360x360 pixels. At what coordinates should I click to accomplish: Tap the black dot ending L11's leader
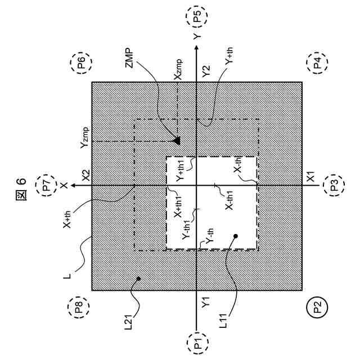tap(236, 237)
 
